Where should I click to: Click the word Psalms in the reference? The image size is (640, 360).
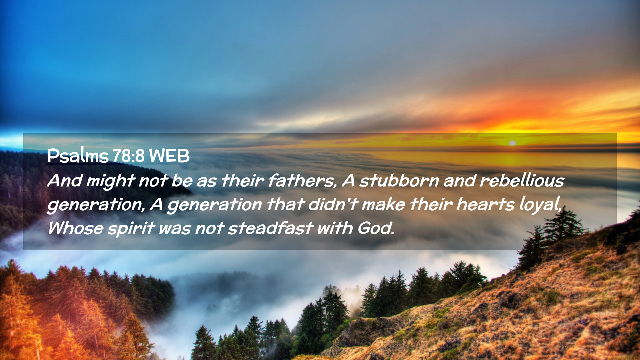point(78,155)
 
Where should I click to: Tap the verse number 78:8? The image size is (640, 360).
point(128,156)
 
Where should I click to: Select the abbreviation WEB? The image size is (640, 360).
point(169,156)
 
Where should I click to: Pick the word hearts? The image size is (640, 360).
point(485,204)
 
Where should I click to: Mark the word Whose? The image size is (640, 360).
point(76,228)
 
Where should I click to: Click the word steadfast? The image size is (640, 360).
point(270,228)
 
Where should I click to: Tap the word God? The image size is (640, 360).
point(376,228)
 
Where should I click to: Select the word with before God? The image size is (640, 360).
point(335,228)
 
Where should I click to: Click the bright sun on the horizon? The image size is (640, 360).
point(512,143)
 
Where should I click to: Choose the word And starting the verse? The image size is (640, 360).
point(65,181)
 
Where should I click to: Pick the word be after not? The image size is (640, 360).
point(182,181)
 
